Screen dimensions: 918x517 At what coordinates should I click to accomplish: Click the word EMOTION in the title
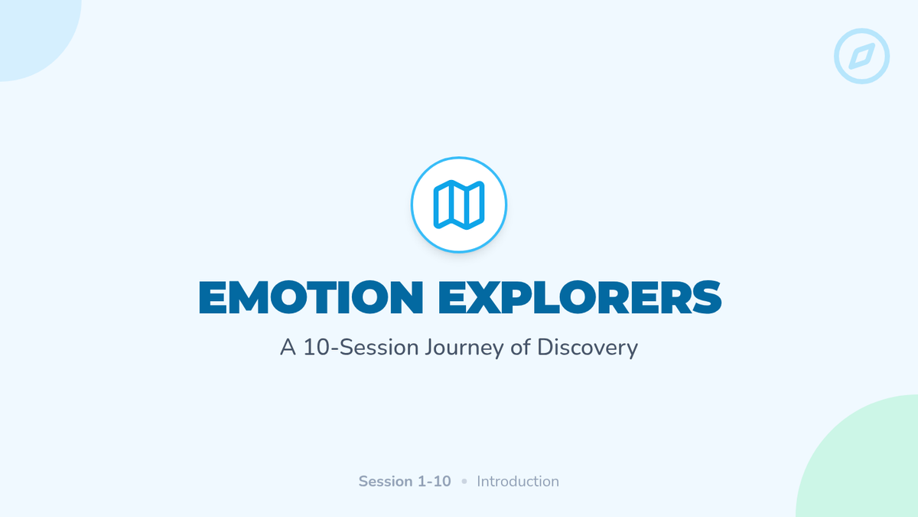click(x=311, y=297)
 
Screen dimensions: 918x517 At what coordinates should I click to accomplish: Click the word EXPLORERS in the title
click(x=580, y=297)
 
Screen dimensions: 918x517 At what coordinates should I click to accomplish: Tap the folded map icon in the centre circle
click(x=459, y=205)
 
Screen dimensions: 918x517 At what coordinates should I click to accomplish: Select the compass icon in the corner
click(x=862, y=56)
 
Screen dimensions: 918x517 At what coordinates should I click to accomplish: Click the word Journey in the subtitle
click(x=464, y=348)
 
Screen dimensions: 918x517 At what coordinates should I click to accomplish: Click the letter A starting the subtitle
click(x=288, y=347)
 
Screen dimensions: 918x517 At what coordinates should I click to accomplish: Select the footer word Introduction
click(x=518, y=481)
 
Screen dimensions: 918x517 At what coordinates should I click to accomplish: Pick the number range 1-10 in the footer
click(x=435, y=481)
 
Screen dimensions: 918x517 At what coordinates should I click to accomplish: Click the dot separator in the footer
click(x=464, y=481)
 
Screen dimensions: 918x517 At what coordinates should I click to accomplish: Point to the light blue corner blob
click(x=33, y=33)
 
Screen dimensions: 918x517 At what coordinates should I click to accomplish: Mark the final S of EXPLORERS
click(x=706, y=297)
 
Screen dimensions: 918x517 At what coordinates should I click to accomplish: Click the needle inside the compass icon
click(x=862, y=56)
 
